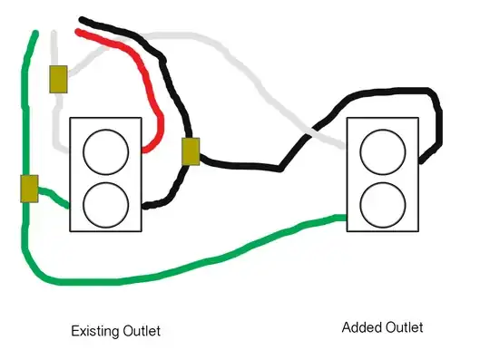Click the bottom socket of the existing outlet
(x=106, y=202)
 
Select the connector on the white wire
(x=58, y=79)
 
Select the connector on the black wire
(x=191, y=152)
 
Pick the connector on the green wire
(x=28, y=189)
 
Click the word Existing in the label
(x=93, y=330)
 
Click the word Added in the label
(x=360, y=327)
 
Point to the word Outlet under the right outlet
(x=403, y=327)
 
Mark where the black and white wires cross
(x=307, y=133)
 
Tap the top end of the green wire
(x=35, y=34)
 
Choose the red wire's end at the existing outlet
(x=144, y=147)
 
